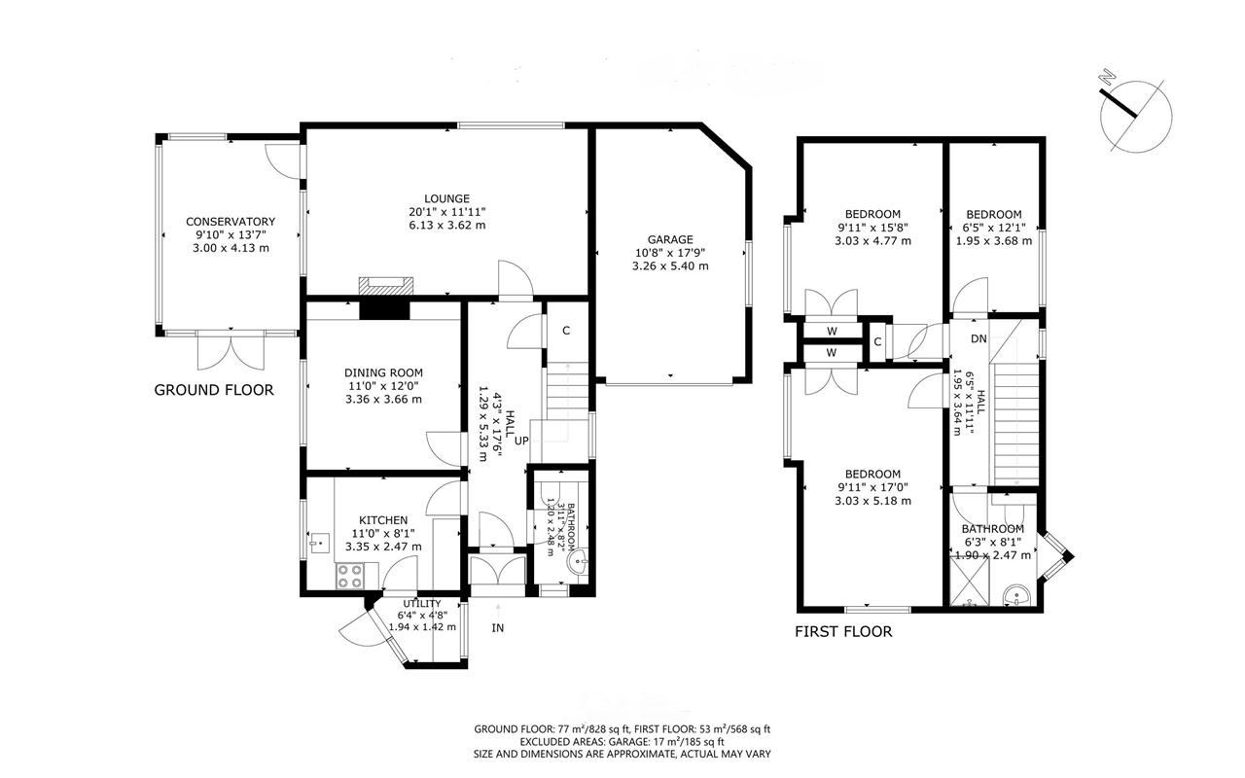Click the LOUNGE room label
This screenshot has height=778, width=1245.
(446, 198)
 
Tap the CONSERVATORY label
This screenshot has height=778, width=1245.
(231, 221)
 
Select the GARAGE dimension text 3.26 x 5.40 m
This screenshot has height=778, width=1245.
(670, 266)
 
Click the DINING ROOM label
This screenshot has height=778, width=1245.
(383, 372)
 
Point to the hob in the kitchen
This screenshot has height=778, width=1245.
(349, 576)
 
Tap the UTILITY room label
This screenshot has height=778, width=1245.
(422, 604)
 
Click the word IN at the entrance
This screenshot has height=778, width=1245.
(497, 628)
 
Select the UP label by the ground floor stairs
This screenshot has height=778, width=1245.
(521, 441)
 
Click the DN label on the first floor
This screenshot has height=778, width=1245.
(978, 338)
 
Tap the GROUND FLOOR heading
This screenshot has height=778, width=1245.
(214, 390)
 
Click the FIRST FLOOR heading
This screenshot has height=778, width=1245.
(843, 632)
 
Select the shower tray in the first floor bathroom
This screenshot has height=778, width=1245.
(970, 582)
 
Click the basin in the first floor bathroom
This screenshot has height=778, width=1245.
(1016, 596)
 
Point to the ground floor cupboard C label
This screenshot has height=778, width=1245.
(566, 331)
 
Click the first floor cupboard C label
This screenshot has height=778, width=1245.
(877, 341)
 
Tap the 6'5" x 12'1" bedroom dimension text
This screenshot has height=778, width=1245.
(994, 228)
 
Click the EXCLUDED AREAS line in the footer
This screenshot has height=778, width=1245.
(622, 742)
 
